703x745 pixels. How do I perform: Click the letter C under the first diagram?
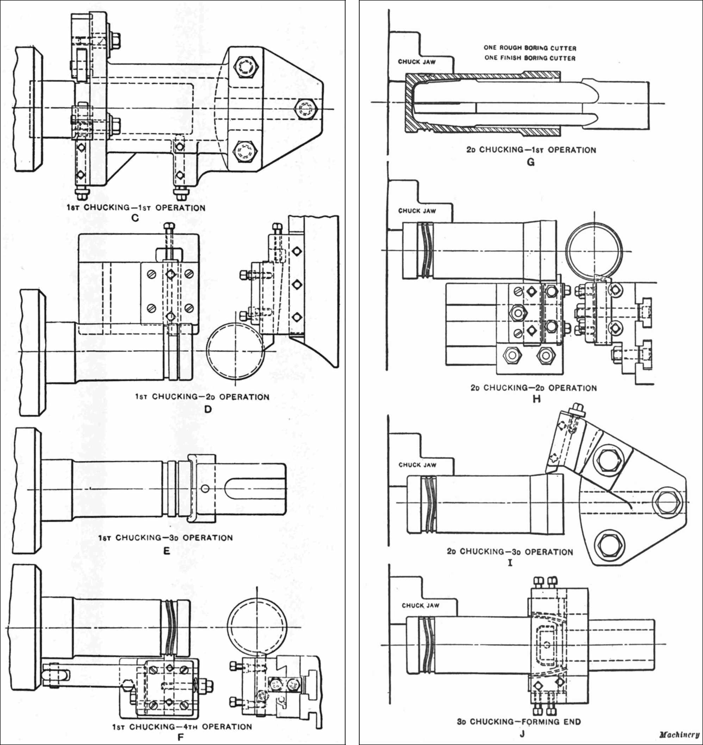135,218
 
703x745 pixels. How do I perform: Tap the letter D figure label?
208,409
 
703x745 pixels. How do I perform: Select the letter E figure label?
167,551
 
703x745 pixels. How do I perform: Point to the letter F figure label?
181,738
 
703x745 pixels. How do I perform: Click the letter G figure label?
530,162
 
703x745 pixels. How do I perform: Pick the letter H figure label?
536,399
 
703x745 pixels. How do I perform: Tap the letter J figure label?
522,733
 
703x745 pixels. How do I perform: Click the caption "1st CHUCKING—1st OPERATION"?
136,208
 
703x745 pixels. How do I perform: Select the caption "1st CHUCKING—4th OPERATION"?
182,727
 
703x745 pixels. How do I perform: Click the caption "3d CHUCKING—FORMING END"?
518,721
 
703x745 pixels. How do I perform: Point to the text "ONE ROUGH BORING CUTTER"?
530,48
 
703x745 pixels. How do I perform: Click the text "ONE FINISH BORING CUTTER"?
530,58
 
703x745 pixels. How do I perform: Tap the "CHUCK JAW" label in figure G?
417,62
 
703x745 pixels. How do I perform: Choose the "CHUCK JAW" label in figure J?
420,605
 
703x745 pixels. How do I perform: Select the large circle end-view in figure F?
257,628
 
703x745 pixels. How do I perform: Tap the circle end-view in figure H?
594,251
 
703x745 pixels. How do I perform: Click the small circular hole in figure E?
205,489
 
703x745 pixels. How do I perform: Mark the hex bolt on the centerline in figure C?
306,109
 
